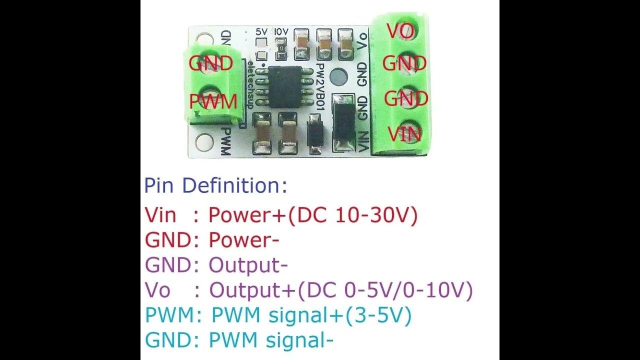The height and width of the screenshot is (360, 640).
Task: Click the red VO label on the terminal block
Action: (x=401, y=31)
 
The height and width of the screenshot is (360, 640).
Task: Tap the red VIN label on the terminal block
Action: (x=404, y=134)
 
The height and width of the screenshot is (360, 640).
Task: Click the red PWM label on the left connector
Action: (x=212, y=102)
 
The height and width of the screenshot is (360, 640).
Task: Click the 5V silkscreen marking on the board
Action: (x=261, y=31)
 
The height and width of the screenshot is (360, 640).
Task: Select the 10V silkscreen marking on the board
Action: (x=281, y=31)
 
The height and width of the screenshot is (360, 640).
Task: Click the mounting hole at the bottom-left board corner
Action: (x=204, y=143)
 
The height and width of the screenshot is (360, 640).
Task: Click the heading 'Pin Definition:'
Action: (x=216, y=185)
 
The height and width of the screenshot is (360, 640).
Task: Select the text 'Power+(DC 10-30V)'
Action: (x=312, y=215)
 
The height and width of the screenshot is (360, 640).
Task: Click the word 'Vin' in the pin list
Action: (x=160, y=215)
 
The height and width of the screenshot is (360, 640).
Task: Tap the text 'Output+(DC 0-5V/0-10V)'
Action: (x=340, y=290)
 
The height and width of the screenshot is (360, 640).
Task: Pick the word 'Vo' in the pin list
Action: (x=157, y=290)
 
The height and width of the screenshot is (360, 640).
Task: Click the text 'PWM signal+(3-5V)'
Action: (x=311, y=315)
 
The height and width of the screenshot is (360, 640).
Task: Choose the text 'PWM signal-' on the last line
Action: (x=270, y=340)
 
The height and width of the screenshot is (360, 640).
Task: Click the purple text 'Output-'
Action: (x=247, y=265)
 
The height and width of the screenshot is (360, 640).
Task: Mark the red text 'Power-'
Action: (x=243, y=240)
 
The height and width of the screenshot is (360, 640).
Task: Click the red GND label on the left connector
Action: (x=210, y=63)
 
